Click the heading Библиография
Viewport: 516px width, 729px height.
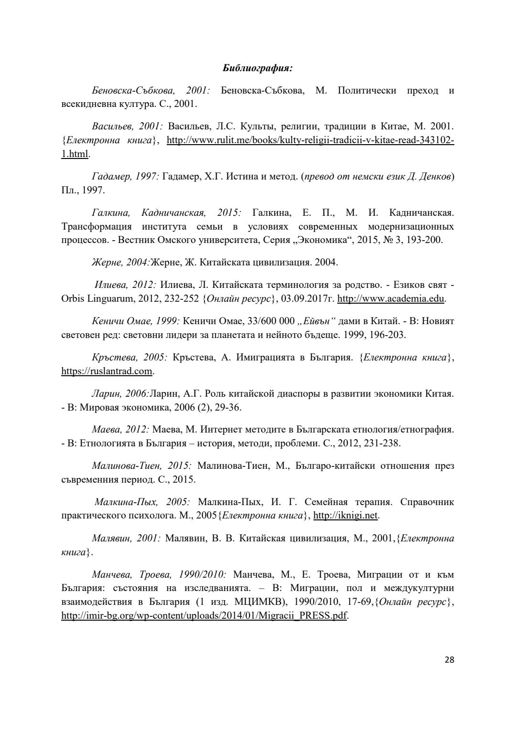(x=258, y=68)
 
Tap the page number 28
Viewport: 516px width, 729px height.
(x=449, y=660)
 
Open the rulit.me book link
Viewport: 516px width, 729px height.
(x=310, y=140)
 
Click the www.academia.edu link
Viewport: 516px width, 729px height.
(x=391, y=299)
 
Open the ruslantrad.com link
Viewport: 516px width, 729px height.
(x=107, y=371)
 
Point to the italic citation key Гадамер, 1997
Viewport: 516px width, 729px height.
(x=125, y=177)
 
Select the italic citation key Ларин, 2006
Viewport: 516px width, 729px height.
(x=120, y=394)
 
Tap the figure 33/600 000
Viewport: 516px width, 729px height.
(x=268, y=321)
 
